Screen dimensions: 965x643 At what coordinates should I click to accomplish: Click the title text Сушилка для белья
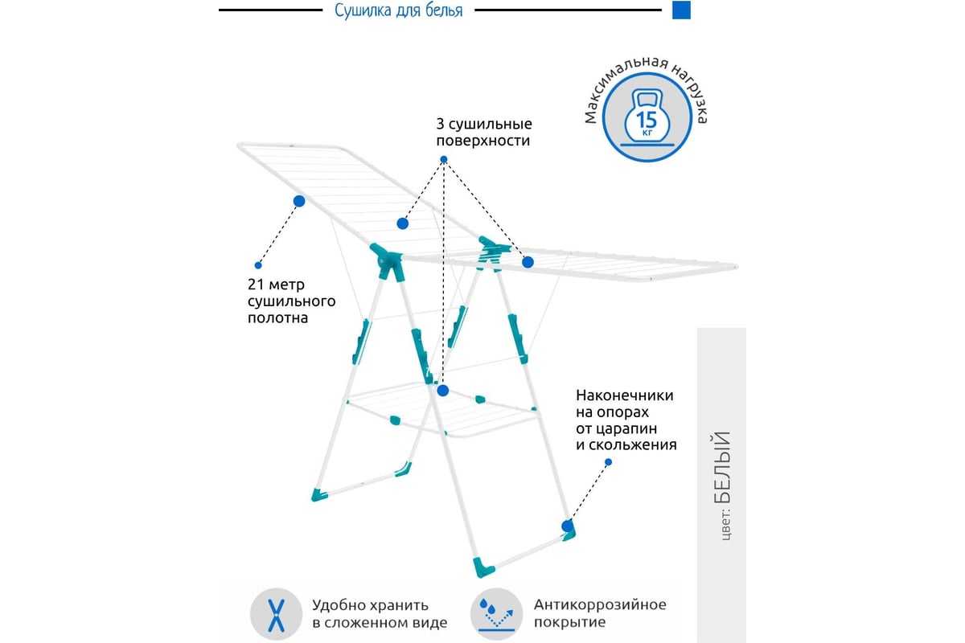pos(399,10)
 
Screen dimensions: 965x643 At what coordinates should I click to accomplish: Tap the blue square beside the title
pos(681,10)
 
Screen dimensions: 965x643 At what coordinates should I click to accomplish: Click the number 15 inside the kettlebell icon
pos(647,120)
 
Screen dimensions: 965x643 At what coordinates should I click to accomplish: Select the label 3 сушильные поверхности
pos(484,133)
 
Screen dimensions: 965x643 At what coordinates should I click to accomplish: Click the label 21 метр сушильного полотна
pos(291,301)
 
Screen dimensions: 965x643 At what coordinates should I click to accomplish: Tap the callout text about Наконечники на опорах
pos(626,420)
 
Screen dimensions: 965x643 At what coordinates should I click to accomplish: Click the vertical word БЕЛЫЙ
pos(722,467)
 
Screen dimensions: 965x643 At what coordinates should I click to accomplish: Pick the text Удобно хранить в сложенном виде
pos(380,614)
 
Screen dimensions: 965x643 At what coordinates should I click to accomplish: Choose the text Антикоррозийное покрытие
pos(600,613)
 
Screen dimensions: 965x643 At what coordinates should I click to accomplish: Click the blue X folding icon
pos(276,615)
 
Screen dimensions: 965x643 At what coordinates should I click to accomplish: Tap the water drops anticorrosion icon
pos(497,614)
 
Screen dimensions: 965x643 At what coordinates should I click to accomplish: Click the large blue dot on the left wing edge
pos(299,201)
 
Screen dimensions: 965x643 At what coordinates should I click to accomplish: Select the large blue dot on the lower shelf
pos(443,391)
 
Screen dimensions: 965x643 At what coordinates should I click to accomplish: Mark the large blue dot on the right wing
pos(528,262)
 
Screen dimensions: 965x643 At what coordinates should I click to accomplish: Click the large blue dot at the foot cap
pos(568,526)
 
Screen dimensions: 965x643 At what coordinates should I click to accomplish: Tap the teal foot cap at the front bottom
pos(483,567)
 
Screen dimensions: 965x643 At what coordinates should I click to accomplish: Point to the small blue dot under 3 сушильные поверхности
pos(444,159)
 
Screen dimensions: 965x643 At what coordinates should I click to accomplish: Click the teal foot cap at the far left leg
pos(319,495)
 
